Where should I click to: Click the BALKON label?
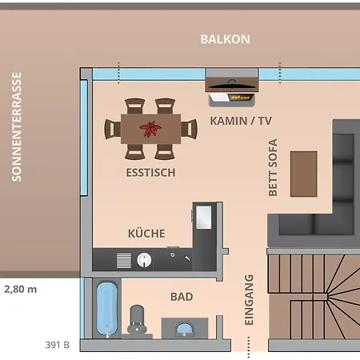click(226, 39)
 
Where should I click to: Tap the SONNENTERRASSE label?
click(17, 127)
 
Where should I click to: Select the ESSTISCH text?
click(151, 173)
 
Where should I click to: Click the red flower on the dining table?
click(150, 129)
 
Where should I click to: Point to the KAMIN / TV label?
click(241, 121)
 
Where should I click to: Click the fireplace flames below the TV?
click(240, 98)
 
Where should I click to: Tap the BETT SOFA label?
click(273, 167)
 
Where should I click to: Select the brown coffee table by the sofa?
click(304, 174)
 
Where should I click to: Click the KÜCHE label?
click(146, 234)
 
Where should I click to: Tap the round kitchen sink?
click(144, 260)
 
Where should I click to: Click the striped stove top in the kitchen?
click(124, 261)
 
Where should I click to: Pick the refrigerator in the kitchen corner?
click(204, 218)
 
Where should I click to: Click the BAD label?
click(182, 297)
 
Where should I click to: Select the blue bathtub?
click(107, 310)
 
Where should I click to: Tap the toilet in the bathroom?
click(137, 319)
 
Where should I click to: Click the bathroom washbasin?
click(185, 329)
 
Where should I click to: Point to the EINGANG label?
click(249, 300)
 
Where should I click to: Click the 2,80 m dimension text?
click(21, 289)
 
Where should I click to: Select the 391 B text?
click(58, 345)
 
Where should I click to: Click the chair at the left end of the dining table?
click(112, 129)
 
